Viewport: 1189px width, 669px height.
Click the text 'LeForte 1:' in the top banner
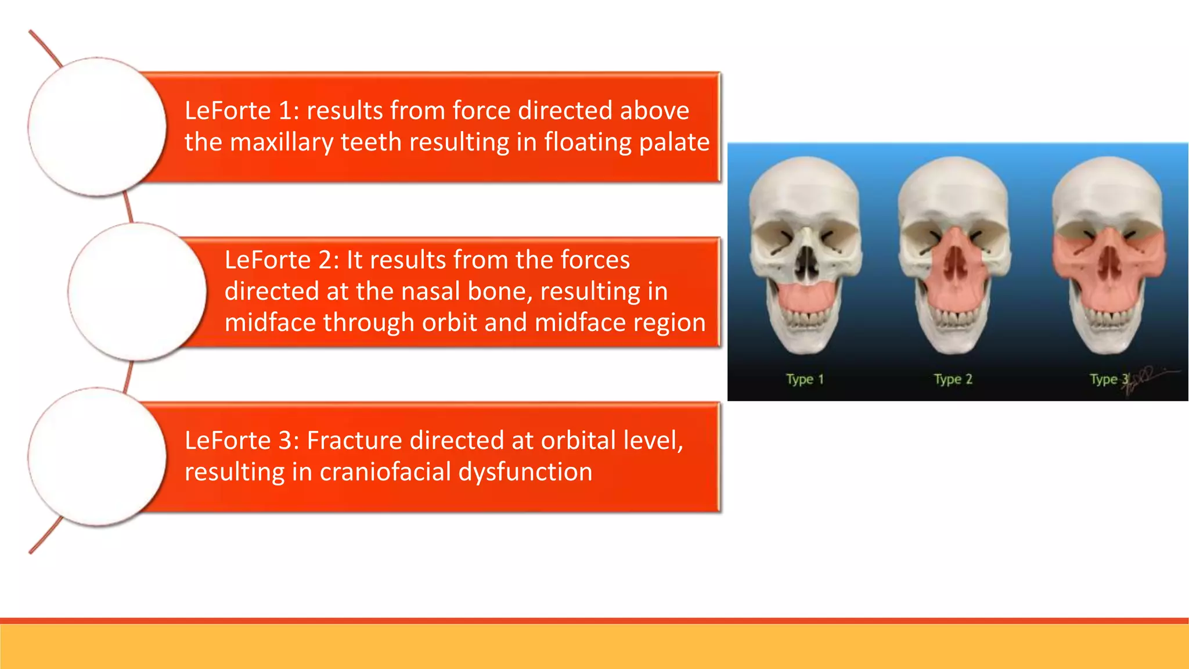point(242,110)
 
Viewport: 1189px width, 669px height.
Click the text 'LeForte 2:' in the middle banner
point(282,260)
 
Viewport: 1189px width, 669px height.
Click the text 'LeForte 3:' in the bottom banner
point(242,440)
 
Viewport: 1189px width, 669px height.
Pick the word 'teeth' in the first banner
point(371,142)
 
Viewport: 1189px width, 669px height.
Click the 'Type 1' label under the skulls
point(805,379)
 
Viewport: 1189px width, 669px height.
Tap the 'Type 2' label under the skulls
point(953,379)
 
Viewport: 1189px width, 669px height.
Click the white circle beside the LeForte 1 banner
point(97,127)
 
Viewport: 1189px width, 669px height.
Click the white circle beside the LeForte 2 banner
point(137,291)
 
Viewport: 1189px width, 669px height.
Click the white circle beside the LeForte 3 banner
point(97,456)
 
